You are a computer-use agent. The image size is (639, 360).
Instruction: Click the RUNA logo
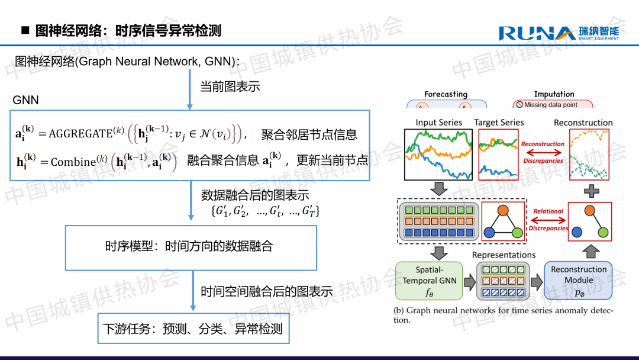[559, 33]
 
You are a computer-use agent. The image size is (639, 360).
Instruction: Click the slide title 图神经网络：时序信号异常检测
[128, 31]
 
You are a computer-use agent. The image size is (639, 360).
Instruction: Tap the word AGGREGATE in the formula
[80, 134]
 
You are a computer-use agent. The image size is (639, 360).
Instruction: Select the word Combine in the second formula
[73, 162]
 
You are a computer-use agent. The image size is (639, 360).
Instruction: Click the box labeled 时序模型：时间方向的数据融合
[191, 248]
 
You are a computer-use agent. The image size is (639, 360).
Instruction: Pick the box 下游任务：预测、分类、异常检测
[193, 328]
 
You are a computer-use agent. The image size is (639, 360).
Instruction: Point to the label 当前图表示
[230, 86]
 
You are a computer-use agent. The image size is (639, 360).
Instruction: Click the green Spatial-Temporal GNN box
[429, 281]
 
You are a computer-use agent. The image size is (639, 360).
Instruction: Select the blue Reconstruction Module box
[578, 281]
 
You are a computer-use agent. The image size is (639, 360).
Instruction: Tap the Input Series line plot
[438, 155]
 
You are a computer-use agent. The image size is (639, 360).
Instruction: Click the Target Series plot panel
[498, 155]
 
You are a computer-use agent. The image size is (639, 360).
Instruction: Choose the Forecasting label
[446, 94]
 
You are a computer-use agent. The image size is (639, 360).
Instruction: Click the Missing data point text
[551, 105]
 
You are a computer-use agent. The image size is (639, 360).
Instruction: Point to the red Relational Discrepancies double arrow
[548, 220]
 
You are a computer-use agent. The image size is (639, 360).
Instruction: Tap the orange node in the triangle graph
[504, 210]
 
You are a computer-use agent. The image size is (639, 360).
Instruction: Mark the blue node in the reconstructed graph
[577, 232]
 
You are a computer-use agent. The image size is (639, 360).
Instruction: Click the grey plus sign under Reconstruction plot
[592, 191]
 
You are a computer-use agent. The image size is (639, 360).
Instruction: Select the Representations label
[504, 255]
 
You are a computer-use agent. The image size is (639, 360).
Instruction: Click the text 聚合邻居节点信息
[309, 134]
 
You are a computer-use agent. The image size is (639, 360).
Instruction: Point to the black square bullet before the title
[25, 30]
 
